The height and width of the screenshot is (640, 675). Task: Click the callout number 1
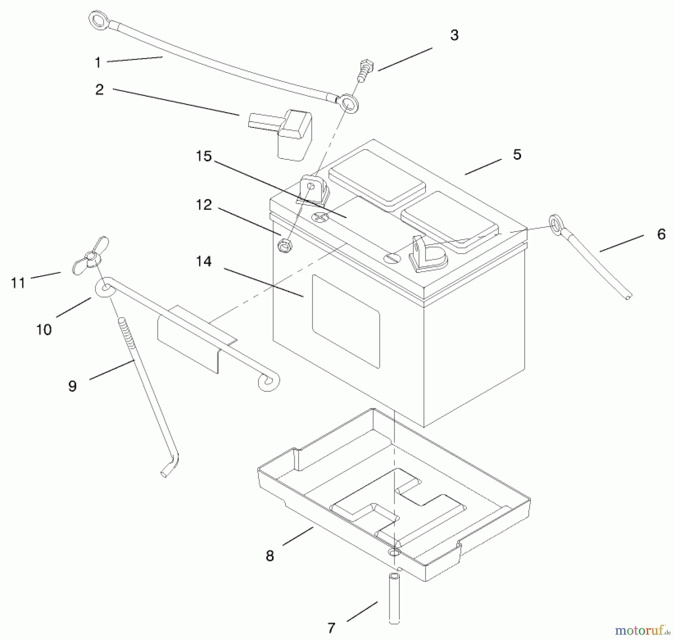coord(98,62)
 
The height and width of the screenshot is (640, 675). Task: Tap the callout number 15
coord(204,156)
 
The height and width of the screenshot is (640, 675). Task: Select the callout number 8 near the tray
coord(270,556)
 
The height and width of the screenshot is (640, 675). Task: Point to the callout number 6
coord(661,234)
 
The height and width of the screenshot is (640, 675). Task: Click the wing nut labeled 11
coord(91,256)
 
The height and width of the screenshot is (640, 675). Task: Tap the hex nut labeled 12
coord(285,246)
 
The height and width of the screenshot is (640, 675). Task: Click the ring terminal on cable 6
coord(555,224)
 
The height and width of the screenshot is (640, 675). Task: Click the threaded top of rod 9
coord(124,330)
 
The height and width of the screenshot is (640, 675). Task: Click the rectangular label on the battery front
coord(346,321)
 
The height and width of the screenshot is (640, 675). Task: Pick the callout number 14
coord(204,261)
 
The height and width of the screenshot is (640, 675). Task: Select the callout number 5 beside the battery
coord(517,155)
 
